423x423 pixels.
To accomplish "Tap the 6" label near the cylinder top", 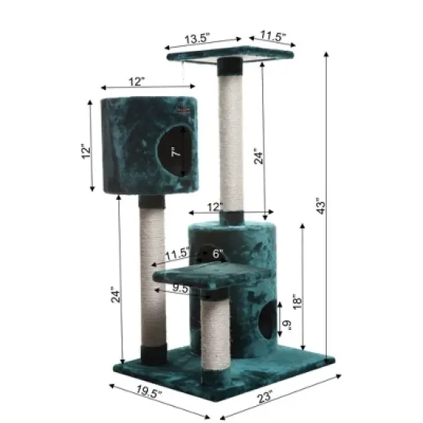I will click(217, 254).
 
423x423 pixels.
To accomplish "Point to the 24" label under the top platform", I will click(259, 156).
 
